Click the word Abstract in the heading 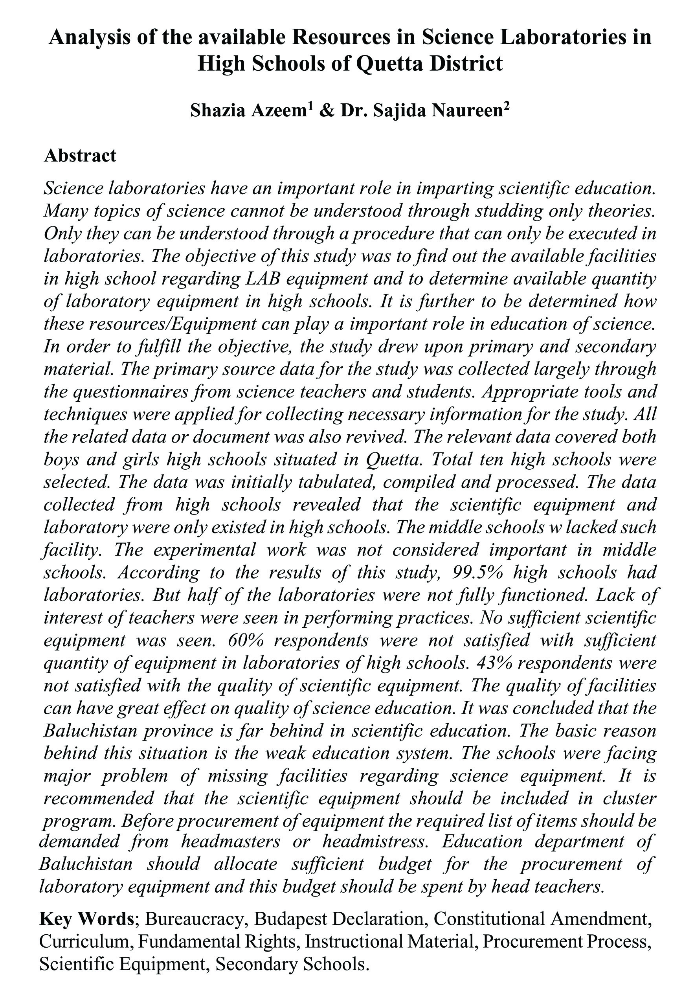point(80,156)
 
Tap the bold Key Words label point(87,919)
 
